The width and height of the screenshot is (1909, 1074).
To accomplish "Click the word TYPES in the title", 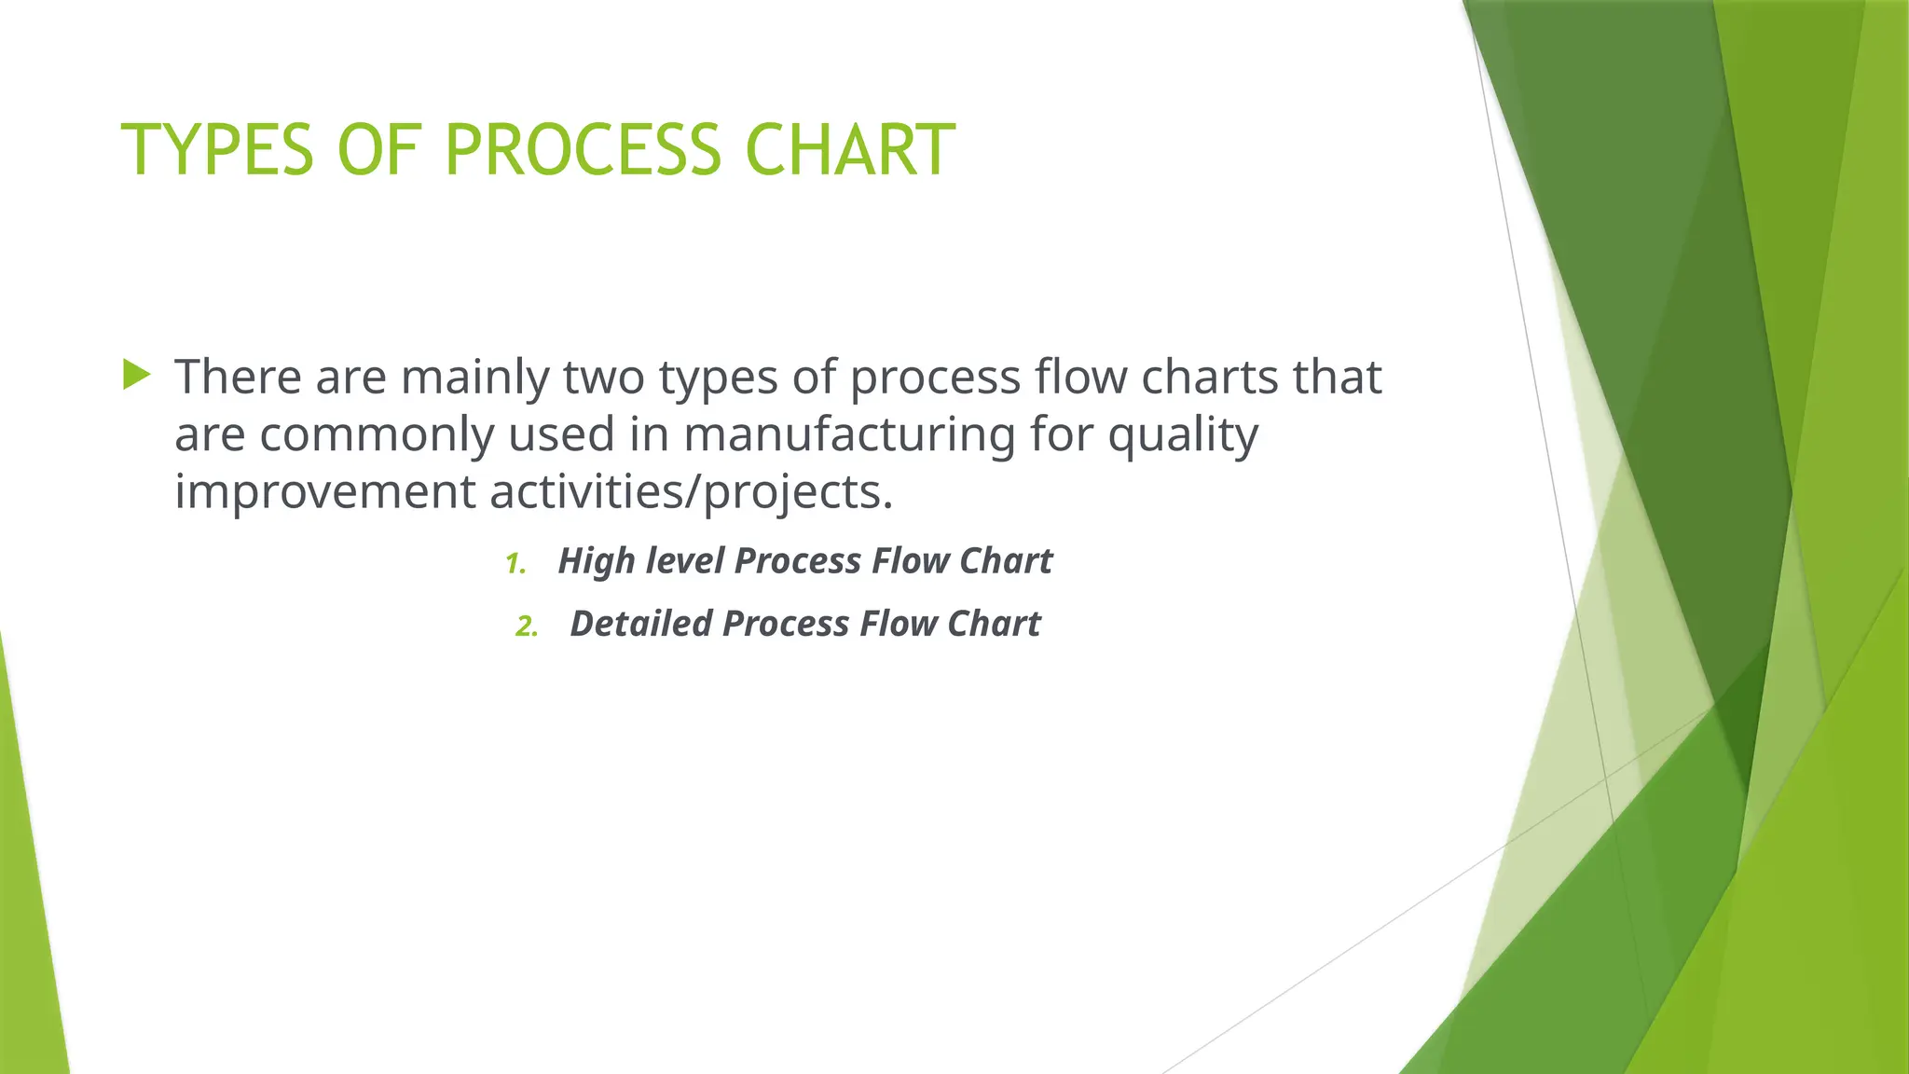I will pyautogui.click(x=217, y=150).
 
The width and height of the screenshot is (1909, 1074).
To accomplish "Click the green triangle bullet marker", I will pyautogui.click(x=136, y=376).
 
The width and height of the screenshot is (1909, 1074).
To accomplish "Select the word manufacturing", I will pyautogui.click(x=849, y=434).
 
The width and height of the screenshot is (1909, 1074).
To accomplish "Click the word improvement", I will pyautogui.click(x=324, y=492).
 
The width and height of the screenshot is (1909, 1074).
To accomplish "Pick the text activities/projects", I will pyautogui.click(x=691, y=492).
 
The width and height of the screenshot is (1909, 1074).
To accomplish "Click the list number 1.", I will pyautogui.click(x=515, y=564).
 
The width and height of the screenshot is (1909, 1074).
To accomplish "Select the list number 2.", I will pyautogui.click(x=527, y=626).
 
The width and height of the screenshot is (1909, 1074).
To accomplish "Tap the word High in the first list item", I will pyautogui.click(x=596, y=561).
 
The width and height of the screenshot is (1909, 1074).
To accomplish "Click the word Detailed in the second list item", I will pyautogui.click(x=639, y=624).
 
